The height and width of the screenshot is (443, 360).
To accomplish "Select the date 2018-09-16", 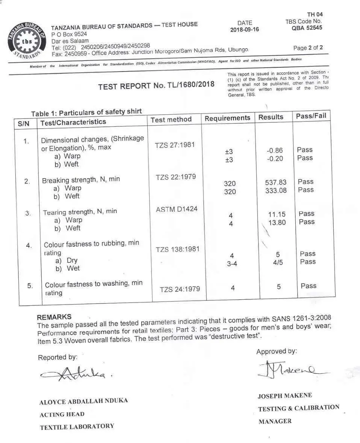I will (244, 30).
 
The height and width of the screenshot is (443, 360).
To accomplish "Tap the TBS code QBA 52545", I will (307, 28).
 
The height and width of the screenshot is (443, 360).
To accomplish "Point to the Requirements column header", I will (227, 118).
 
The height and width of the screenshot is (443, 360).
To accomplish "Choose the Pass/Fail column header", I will (311, 116).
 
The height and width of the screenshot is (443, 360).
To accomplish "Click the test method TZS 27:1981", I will (175, 145).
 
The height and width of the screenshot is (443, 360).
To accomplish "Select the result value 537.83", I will (275, 182).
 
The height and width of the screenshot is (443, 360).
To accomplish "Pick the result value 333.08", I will (275, 191).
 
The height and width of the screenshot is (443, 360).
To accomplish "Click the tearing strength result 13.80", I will (277, 223).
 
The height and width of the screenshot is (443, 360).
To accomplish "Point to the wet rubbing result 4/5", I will (278, 262).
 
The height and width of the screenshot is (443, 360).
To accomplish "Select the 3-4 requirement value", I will (232, 264).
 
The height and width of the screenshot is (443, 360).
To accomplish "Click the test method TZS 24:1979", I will (180, 289).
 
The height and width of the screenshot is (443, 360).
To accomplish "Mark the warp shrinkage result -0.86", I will (274, 150).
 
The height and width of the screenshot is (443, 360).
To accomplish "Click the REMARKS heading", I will (54, 317).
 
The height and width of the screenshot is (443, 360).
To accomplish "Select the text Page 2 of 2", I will (308, 48).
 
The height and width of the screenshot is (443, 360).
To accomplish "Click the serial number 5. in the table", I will (30, 286).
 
